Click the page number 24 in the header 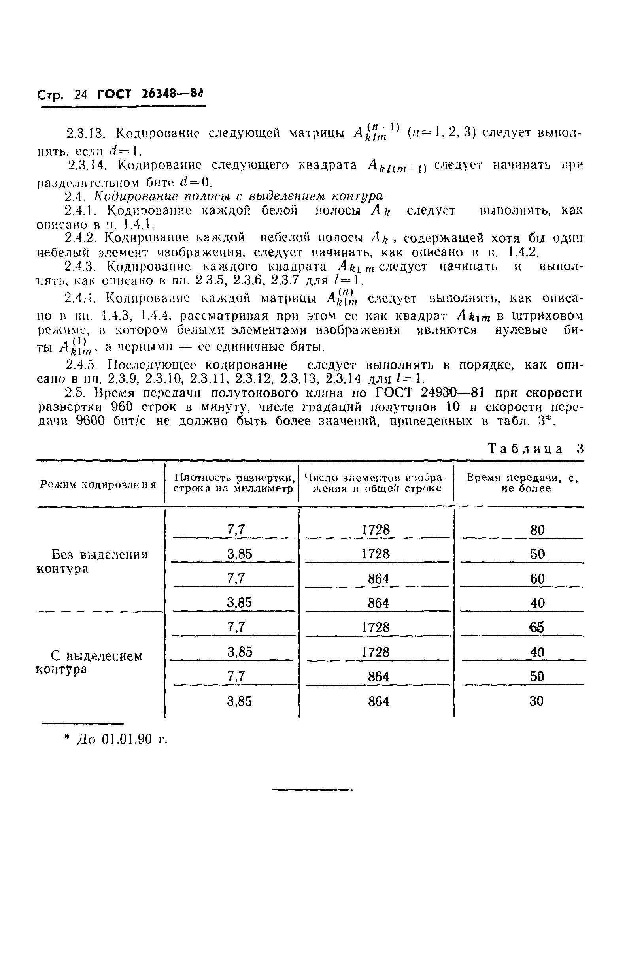[x=81, y=94]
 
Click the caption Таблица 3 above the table [x=536, y=449]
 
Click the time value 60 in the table [x=537, y=578]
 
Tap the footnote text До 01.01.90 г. [x=122, y=739]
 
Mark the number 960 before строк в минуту [x=124, y=407]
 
